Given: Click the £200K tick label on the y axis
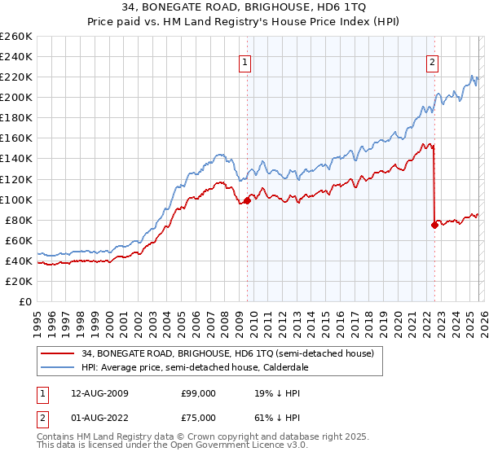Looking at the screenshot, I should [x=16, y=98].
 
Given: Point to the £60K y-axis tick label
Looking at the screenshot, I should [x=19, y=240].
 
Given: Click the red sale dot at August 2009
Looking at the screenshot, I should [x=247, y=200].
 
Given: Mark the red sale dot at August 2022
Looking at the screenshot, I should [x=434, y=226].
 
